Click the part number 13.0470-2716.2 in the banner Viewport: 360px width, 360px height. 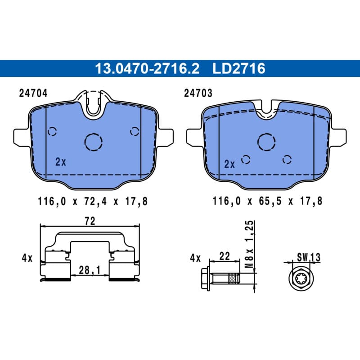(147, 68)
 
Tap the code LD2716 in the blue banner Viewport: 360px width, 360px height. (239, 68)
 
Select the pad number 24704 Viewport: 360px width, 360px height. (33, 93)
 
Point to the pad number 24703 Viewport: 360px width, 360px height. (198, 93)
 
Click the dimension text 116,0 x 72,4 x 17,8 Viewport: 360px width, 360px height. (93, 202)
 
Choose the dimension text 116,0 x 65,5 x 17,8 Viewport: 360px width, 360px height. (267, 201)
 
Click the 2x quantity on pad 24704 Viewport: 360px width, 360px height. (61, 162)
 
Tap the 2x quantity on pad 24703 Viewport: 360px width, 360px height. (229, 164)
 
